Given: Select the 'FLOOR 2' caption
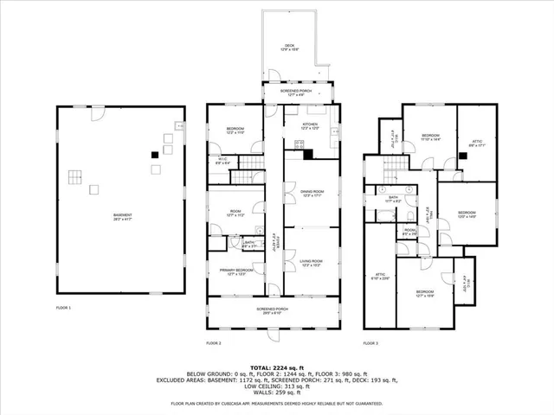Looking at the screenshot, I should click(214, 343).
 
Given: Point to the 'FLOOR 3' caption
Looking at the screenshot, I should click(370, 343).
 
